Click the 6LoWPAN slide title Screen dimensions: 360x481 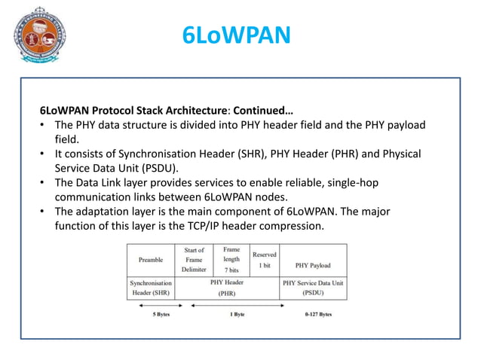click(237, 36)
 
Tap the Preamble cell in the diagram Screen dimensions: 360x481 click(151, 260)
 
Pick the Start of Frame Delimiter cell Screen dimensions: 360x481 click(194, 260)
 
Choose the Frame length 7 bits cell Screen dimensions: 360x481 click(231, 260)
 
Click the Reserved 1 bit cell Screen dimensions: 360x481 click(265, 260)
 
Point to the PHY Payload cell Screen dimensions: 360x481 click(313, 265)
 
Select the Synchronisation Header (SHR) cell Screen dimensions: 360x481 click(151, 287)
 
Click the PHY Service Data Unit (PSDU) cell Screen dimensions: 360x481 click(313, 287)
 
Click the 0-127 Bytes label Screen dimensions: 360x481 click(314, 314)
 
